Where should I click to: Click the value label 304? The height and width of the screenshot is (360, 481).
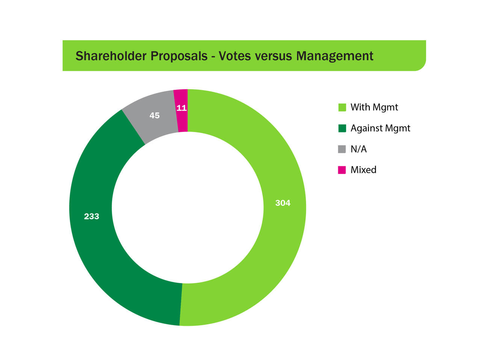pos(283,203)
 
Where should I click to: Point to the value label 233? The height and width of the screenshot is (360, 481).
pos(91,216)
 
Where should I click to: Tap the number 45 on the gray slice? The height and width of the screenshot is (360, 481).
pos(154,116)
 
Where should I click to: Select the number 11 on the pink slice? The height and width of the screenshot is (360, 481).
pos(182,108)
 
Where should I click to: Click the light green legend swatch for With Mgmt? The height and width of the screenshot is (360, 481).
pos(342,107)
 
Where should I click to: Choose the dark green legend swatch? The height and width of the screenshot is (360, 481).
pos(342,128)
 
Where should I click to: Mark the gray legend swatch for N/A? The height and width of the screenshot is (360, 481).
pos(342,149)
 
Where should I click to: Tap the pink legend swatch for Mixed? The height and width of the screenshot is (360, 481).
pos(342,170)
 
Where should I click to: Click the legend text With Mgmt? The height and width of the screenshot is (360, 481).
pos(374,107)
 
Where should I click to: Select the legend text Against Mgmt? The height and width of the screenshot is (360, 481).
pos(380,128)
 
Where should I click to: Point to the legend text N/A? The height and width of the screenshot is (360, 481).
pos(358,149)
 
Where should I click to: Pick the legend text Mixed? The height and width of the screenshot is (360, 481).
pos(363,170)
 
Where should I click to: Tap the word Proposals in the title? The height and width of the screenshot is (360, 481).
pos(179,56)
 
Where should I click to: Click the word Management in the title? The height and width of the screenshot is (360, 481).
pos(334,56)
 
